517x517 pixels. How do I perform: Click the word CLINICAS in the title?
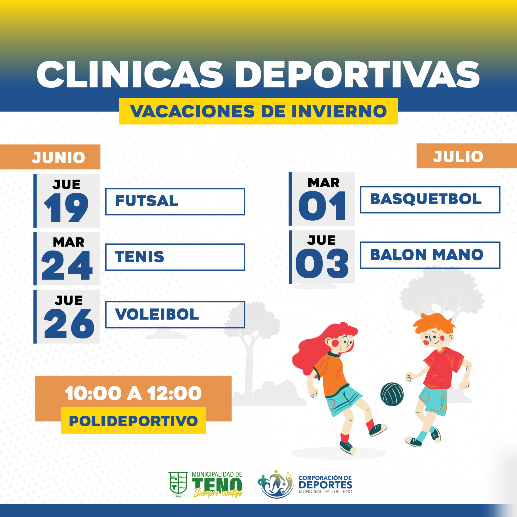tap(130, 74)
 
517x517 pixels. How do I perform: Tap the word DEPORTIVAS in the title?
tap(357, 74)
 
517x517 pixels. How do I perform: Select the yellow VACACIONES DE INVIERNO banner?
tap(258, 111)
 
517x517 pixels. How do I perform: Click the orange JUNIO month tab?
tap(50, 157)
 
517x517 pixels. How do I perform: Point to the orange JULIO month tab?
tap(467, 156)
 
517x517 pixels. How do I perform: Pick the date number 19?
tap(66, 208)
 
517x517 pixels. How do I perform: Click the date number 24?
tap(67, 265)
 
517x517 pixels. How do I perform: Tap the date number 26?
tap(69, 324)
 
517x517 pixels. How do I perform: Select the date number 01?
tap(322, 206)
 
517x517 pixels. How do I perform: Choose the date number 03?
tap(322, 264)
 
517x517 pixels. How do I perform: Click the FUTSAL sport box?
tap(175, 201)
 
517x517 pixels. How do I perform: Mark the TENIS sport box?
tap(175, 257)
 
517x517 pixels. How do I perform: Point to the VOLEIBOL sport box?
tap(175, 315)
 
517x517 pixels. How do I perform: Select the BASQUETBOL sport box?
tap(430, 199)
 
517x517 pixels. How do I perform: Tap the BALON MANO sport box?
tap(430, 255)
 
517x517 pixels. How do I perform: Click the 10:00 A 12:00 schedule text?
tap(133, 393)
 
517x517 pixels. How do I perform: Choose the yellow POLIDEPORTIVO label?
tap(133, 421)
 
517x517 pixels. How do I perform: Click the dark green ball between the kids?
tap(392, 394)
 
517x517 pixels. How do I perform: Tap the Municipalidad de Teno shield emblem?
tap(178, 484)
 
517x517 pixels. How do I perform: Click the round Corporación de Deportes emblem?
tap(276, 484)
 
